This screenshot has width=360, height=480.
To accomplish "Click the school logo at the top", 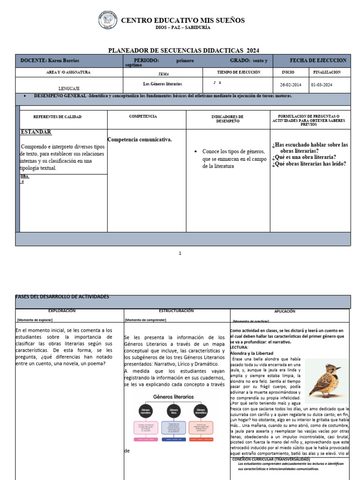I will (x=108, y=21).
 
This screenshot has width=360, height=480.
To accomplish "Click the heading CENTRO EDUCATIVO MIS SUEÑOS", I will (x=182, y=21).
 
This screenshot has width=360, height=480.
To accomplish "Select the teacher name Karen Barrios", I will (x=63, y=61).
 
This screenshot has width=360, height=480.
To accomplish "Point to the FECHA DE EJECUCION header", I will (x=318, y=60).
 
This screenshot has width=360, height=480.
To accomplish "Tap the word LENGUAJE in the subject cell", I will (x=69, y=88).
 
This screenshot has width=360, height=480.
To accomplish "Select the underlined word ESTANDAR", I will (x=36, y=132).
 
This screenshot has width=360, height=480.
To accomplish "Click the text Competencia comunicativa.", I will (x=140, y=139).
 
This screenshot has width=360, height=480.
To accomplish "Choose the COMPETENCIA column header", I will (x=143, y=116).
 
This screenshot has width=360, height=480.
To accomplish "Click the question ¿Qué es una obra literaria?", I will (x=304, y=157).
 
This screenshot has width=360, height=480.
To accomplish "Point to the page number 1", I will (x=180, y=254).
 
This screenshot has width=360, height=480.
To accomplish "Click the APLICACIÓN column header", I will (x=285, y=311).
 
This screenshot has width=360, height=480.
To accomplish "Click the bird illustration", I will (x=327, y=381).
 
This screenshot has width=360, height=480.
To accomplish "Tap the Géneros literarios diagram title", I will (x=173, y=397).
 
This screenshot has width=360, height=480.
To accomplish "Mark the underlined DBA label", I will (x=24, y=177).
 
